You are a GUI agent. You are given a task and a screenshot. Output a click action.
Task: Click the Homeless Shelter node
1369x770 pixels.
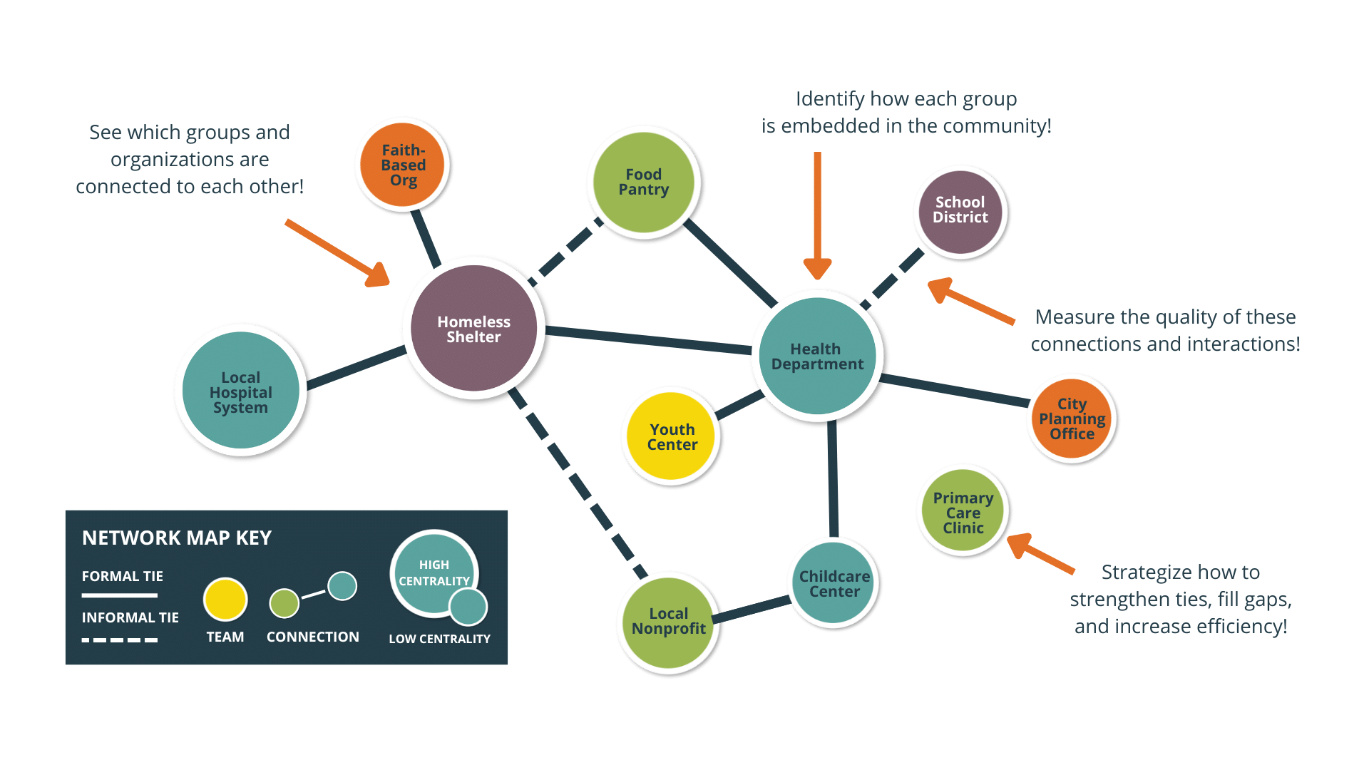point(473,329)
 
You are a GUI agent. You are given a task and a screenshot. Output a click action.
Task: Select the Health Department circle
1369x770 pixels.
point(817,356)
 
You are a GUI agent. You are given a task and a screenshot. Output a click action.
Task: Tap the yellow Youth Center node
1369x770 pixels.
point(672,436)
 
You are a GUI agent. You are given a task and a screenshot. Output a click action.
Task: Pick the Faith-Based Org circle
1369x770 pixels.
point(403,165)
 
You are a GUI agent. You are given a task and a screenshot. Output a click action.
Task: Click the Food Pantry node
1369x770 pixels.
point(643,182)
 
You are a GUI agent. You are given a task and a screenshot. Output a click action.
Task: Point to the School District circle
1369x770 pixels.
point(960,210)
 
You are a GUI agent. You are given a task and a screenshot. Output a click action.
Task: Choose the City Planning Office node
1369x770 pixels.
point(1071,419)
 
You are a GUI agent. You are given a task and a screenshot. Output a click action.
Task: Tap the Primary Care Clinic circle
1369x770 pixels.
point(963,512)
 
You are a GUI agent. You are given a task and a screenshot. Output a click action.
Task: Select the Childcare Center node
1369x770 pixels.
point(834,583)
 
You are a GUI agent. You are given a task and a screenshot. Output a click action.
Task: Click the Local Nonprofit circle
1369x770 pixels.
point(668,622)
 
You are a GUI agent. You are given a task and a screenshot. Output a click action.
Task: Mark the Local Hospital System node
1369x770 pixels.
point(241,391)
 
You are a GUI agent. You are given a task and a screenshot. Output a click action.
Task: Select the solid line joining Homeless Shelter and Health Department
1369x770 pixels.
point(649,339)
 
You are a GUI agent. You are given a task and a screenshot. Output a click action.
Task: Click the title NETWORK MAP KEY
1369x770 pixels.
point(177,538)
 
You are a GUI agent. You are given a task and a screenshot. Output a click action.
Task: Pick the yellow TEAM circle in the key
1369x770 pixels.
point(225,599)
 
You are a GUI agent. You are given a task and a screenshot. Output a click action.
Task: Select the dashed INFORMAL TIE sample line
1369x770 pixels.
point(120,640)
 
